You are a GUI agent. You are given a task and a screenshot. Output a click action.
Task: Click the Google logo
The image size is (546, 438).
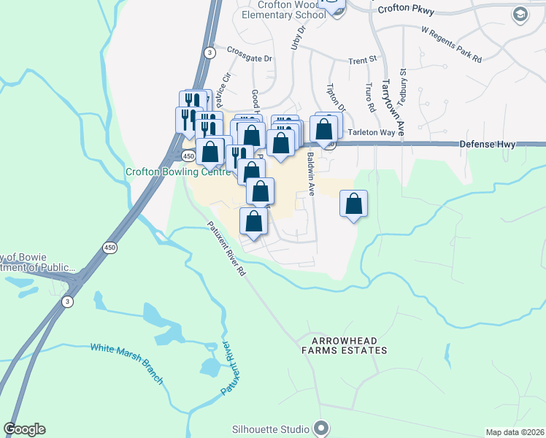(25, 429)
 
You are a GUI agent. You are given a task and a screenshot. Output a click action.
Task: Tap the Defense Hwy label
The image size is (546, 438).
(488, 145)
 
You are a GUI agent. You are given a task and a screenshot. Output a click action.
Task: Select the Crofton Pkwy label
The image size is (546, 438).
(407, 9)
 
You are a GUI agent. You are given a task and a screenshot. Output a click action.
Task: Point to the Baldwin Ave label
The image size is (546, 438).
(311, 174)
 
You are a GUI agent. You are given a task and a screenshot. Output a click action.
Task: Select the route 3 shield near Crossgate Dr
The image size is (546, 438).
(209, 53)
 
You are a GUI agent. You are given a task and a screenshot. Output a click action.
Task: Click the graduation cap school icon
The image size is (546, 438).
(520, 15)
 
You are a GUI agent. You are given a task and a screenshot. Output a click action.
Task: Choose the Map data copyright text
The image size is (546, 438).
(514, 432)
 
